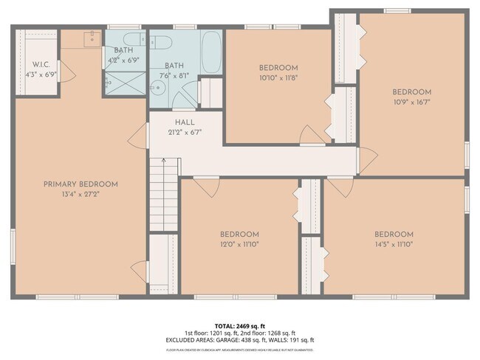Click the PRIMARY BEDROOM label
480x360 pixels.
[x=80, y=184]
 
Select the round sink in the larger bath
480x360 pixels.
[x=157, y=89]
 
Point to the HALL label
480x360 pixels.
[x=185, y=122]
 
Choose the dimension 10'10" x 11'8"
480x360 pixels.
[x=278, y=77]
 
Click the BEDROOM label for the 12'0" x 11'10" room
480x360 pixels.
[x=239, y=234]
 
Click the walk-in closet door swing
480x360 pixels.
[x=66, y=71]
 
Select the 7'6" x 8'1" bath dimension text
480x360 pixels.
[x=179, y=75]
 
